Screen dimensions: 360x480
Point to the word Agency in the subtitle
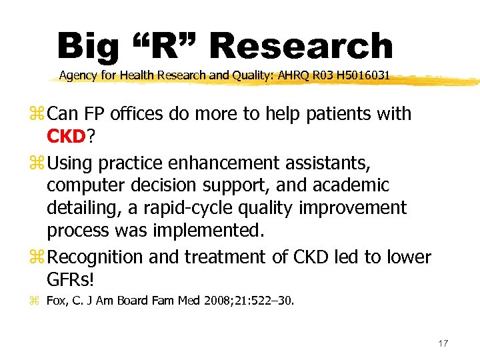(x=77, y=76)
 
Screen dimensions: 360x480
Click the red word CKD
(x=67, y=137)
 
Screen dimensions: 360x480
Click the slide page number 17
(x=443, y=343)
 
